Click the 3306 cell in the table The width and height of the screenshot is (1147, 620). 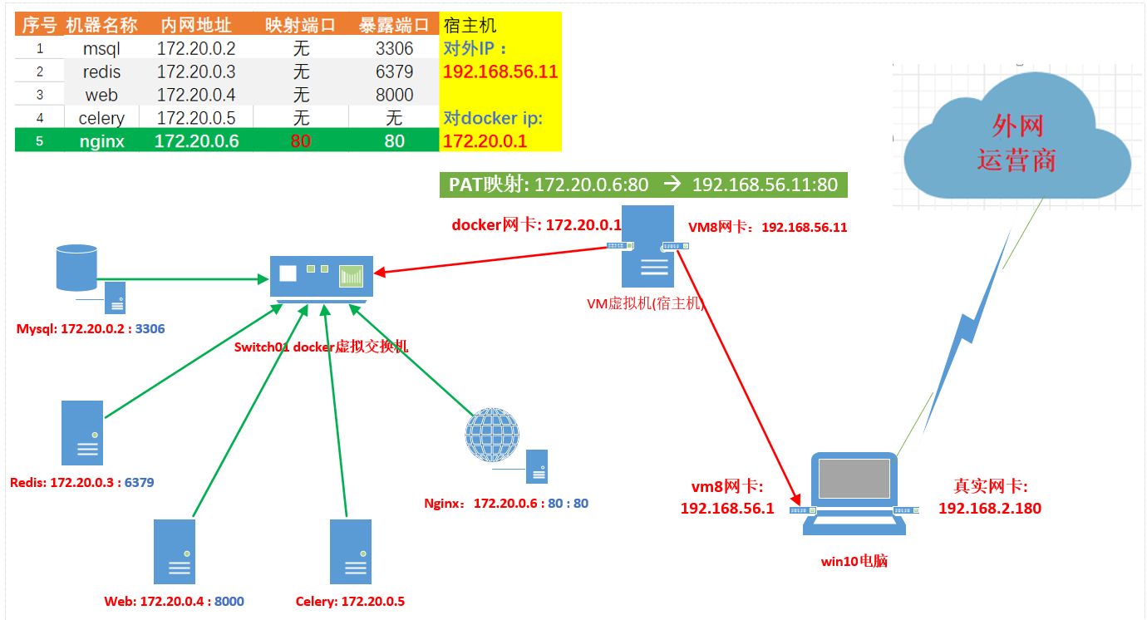(x=394, y=49)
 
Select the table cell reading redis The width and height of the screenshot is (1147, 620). (x=101, y=71)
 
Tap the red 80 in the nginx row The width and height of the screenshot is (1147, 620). (x=301, y=140)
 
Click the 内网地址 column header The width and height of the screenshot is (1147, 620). (x=196, y=25)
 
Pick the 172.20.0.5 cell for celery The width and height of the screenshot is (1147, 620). (x=196, y=118)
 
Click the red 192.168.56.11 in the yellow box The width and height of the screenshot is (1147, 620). (x=500, y=71)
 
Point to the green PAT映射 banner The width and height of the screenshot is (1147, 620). (x=643, y=185)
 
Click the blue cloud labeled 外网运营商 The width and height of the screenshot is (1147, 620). (x=1017, y=137)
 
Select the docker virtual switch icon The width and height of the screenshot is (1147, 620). (x=322, y=278)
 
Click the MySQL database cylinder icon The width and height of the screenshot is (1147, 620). (x=76, y=268)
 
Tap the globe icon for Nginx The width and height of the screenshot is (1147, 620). (x=492, y=435)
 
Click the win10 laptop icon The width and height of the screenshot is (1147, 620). (x=854, y=494)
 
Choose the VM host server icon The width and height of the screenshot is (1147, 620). (x=647, y=246)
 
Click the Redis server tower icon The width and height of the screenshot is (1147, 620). (x=82, y=433)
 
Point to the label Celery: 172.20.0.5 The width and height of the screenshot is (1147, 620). (x=350, y=601)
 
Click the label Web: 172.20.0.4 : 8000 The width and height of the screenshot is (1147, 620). (x=174, y=601)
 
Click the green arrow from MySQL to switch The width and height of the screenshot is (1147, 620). (x=183, y=279)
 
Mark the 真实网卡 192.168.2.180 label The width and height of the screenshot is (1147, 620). (x=990, y=497)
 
